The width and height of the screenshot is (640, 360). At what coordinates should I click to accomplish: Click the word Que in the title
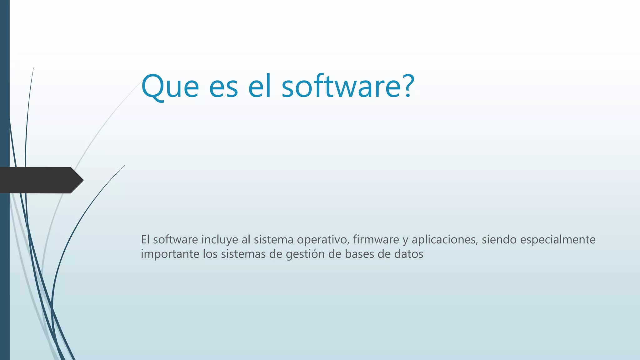click(x=170, y=86)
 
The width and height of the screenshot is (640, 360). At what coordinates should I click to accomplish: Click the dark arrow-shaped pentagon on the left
click(x=41, y=180)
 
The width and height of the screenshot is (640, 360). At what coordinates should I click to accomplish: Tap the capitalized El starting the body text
click(x=145, y=239)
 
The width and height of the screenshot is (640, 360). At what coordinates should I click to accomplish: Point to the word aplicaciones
click(x=445, y=240)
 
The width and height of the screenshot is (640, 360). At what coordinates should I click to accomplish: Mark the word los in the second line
click(x=210, y=254)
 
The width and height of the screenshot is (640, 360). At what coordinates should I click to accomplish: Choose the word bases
click(x=359, y=254)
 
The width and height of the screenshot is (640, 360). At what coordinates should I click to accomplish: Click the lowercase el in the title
click(x=259, y=86)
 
